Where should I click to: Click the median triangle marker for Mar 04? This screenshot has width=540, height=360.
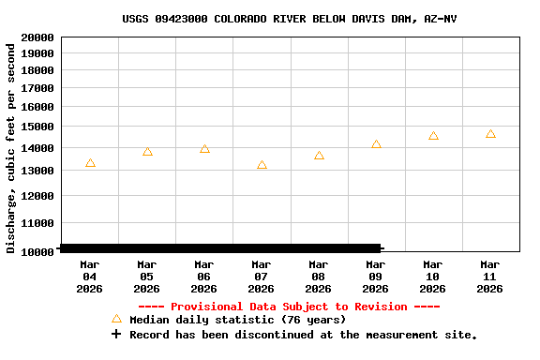(90, 163)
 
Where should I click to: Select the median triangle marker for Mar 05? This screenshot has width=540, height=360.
(147, 151)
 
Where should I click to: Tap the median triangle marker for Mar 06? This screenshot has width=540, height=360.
(204, 149)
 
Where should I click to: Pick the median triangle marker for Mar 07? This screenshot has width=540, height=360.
(262, 165)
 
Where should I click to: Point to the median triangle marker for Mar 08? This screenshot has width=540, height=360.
(319, 156)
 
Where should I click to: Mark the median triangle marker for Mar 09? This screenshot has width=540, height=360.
(376, 144)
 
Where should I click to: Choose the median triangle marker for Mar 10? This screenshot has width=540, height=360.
(433, 136)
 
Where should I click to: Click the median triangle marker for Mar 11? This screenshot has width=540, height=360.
(490, 134)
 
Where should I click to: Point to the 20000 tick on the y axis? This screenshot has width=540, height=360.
(37, 37)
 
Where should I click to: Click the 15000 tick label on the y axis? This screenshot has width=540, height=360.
(37, 127)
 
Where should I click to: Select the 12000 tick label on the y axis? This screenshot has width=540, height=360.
(37, 195)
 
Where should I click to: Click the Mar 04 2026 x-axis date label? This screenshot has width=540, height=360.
(90, 277)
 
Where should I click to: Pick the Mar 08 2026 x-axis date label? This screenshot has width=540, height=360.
(319, 277)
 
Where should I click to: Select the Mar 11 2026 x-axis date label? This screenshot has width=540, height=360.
(490, 277)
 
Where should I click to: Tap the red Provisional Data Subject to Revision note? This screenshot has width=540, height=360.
(289, 307)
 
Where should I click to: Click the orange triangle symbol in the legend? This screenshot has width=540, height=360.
(116, 319)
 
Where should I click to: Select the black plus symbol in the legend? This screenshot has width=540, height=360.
(116, 335)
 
